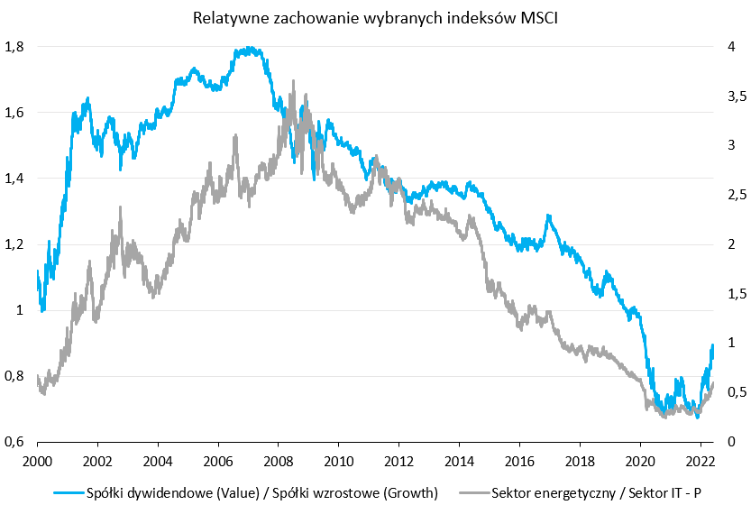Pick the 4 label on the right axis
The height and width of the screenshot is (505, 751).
tap(731, 47)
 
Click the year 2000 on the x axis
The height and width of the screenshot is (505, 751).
tap(37, 459)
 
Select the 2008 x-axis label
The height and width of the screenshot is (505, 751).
tap(279, 459)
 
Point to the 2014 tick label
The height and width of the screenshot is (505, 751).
tap(459, 459)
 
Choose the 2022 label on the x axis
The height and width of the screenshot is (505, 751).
tap(701, 459)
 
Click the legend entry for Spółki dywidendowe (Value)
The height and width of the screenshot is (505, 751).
tap(261, 492)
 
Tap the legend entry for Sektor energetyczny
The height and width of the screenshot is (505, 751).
tap(597, 492)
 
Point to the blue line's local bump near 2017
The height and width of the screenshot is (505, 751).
tap(548, 216)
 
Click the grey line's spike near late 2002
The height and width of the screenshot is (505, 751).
tap(120, 207)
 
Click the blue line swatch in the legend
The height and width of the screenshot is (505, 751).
tap(64, 492)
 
